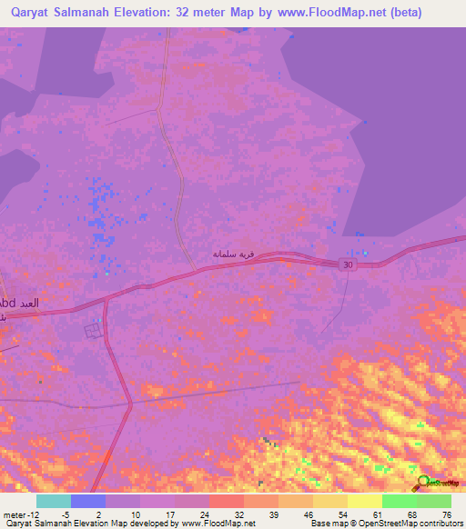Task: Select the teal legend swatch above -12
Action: (x=54, y=501)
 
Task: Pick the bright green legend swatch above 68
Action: (x=399, y=501)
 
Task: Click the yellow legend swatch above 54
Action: (x=329, y=501)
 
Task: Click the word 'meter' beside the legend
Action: (x=15, y=514)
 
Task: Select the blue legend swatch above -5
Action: (x=88, y=501)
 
